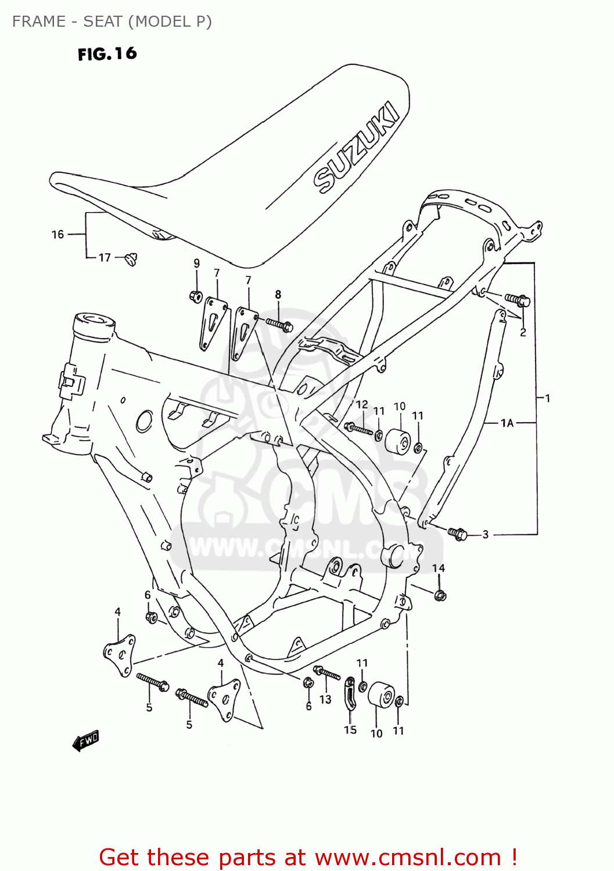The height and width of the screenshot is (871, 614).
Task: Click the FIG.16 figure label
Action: click(x=107, y=54)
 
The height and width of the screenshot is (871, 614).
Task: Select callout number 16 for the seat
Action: click(x=58, y=235)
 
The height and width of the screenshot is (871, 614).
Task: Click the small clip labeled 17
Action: click(x=131, y=258)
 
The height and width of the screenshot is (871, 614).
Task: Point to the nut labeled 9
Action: click(x=196, y=296)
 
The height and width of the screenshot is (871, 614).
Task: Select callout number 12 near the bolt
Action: click(x=362, y=404)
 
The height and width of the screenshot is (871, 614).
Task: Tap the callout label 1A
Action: click(x=507, y=423)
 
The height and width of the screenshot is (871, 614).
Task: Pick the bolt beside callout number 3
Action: click(x=458, y=533)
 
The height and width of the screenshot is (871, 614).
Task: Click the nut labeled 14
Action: click(x=440, y=595)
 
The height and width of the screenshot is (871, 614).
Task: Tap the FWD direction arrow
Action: click(x=86, y=741)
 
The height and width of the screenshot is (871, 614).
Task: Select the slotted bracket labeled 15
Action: click(x=350, y=693)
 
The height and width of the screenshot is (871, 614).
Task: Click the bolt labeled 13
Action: click(x=327, y=674)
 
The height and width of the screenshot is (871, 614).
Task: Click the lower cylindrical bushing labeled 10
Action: click(x=382, y=694)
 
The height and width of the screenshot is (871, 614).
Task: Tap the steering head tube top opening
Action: click(x=94, y=321)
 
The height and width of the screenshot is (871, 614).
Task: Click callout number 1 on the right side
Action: click(x=547, y=398)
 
